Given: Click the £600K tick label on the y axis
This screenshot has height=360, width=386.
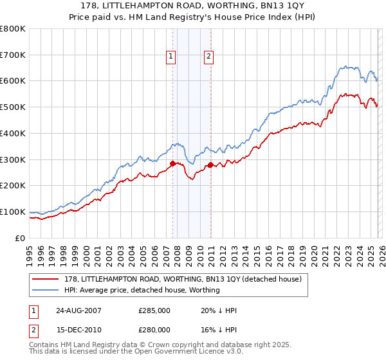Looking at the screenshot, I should (x=13, y=81).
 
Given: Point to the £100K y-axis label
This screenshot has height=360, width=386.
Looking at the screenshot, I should (x=13, y=212).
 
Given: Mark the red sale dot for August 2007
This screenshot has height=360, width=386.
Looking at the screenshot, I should (x=172, y=163).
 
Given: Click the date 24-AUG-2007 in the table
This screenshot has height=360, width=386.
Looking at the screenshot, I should (x=74, y=310).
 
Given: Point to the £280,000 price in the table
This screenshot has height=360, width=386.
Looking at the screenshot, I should (x=154, y=330).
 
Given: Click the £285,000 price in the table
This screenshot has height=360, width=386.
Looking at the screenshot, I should (x=154, y=310).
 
